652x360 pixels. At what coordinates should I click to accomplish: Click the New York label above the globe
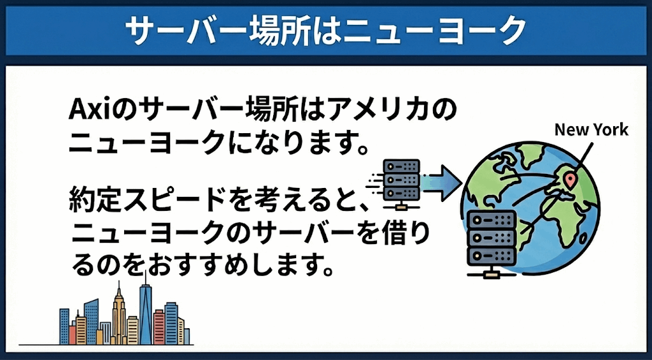coord(592,130)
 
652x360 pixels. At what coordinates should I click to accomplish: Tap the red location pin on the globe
coord(570,180)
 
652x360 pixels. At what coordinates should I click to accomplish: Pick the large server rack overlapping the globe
coord(492,244)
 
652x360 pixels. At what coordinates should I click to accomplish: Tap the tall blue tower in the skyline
coord(145,312)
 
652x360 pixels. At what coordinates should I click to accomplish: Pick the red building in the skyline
coord(159,328)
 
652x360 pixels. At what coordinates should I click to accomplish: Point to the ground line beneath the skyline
coord(106,345)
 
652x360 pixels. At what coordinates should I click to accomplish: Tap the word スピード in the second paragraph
coord(157,201)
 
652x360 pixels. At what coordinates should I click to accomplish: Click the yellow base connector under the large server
coord(492,275)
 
